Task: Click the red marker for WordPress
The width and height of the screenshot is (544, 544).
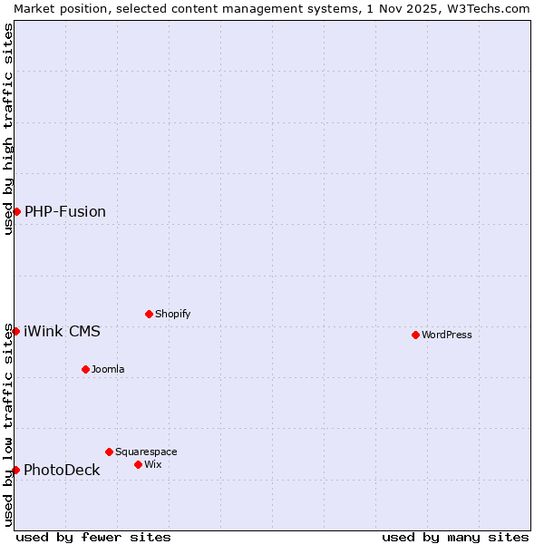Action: [415, 335]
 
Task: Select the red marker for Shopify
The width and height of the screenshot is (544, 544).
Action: [149, 314]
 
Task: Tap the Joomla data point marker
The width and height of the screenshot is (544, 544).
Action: [85, 369]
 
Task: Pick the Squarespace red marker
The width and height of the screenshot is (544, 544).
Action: [109, 452]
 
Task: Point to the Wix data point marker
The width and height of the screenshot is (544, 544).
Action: [138, 464]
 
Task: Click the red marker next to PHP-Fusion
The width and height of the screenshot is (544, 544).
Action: [16, 211]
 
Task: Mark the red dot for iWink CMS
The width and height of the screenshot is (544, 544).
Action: [15, 331]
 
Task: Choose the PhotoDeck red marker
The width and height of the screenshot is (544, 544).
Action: [15, 470]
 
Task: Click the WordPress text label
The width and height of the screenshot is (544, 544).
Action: [447, 335]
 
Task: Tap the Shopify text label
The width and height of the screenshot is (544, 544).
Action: [173, 314]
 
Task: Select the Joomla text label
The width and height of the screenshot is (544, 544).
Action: [108, 369]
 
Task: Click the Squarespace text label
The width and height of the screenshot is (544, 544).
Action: [146, 452]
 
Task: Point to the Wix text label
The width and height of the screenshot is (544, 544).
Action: [153, 464]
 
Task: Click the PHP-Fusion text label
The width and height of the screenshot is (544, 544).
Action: [65, 211]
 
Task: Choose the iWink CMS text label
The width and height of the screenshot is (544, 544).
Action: [62, 331]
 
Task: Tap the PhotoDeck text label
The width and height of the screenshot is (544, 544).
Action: [62, 470]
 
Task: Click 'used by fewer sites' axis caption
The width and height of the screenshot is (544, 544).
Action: [93, 537]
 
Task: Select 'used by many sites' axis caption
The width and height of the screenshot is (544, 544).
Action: [455, 537]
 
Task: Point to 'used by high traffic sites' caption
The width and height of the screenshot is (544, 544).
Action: [8, 129]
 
